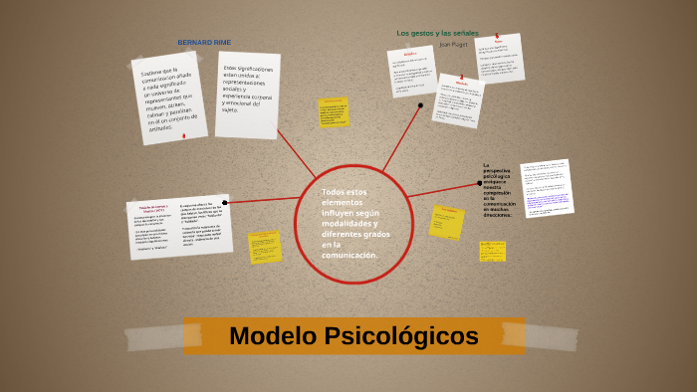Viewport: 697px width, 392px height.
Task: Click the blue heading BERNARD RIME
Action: pyautogui.click(x=204, y=43)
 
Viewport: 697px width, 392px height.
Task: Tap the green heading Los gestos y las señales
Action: pyautogui.click(x=437, y=33)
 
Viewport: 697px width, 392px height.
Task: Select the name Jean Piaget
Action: pyautogui.click(x=452, y=45)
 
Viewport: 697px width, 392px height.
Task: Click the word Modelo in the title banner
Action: pyautogui.click(x=272, y=336)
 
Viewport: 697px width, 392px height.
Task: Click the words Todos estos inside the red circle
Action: pyautogui.click(x=343, y=192)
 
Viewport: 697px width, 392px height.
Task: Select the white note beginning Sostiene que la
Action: pyautogui.click(x=169, y=98)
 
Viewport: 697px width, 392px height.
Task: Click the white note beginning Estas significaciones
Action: pyautogui.click(x=248, y=94)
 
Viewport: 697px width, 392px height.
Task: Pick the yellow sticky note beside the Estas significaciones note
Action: pyautogui.click(x=334, y=112)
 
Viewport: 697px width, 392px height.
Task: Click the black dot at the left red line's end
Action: pyautogui.click(x=225, y=203)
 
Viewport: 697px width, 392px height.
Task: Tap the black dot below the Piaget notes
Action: pyautogui.click(x=420, y=104)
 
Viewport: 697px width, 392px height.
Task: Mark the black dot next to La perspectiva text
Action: pyautogui.click(x=480, y=183)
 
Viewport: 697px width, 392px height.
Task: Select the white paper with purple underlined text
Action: pyautogui.click(x=546, y=189)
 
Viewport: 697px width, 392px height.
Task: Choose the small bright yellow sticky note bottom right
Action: pyautogui.click(x=492, y=252)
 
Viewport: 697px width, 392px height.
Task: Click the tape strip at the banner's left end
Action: pyautogui.click(x=153, y=338)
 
